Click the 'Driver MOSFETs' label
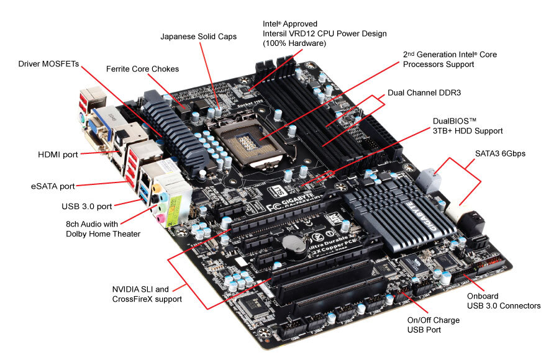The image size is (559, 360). click(49, 63)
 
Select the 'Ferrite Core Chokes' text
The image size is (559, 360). click(142, 68)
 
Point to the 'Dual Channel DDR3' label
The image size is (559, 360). click(428, 92)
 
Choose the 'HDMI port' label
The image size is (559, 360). click(58, 155)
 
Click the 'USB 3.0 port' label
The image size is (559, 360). click(86, 205)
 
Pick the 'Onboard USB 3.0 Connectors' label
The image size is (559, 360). click(503, 300)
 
